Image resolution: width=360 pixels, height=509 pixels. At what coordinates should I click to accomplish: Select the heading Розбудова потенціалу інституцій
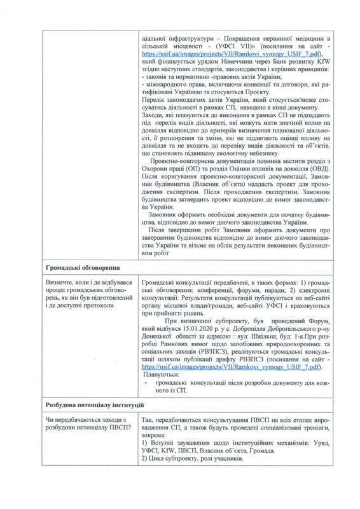tap(94, 405)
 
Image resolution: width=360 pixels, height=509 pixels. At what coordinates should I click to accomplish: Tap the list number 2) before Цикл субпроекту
tap(145, 459)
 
